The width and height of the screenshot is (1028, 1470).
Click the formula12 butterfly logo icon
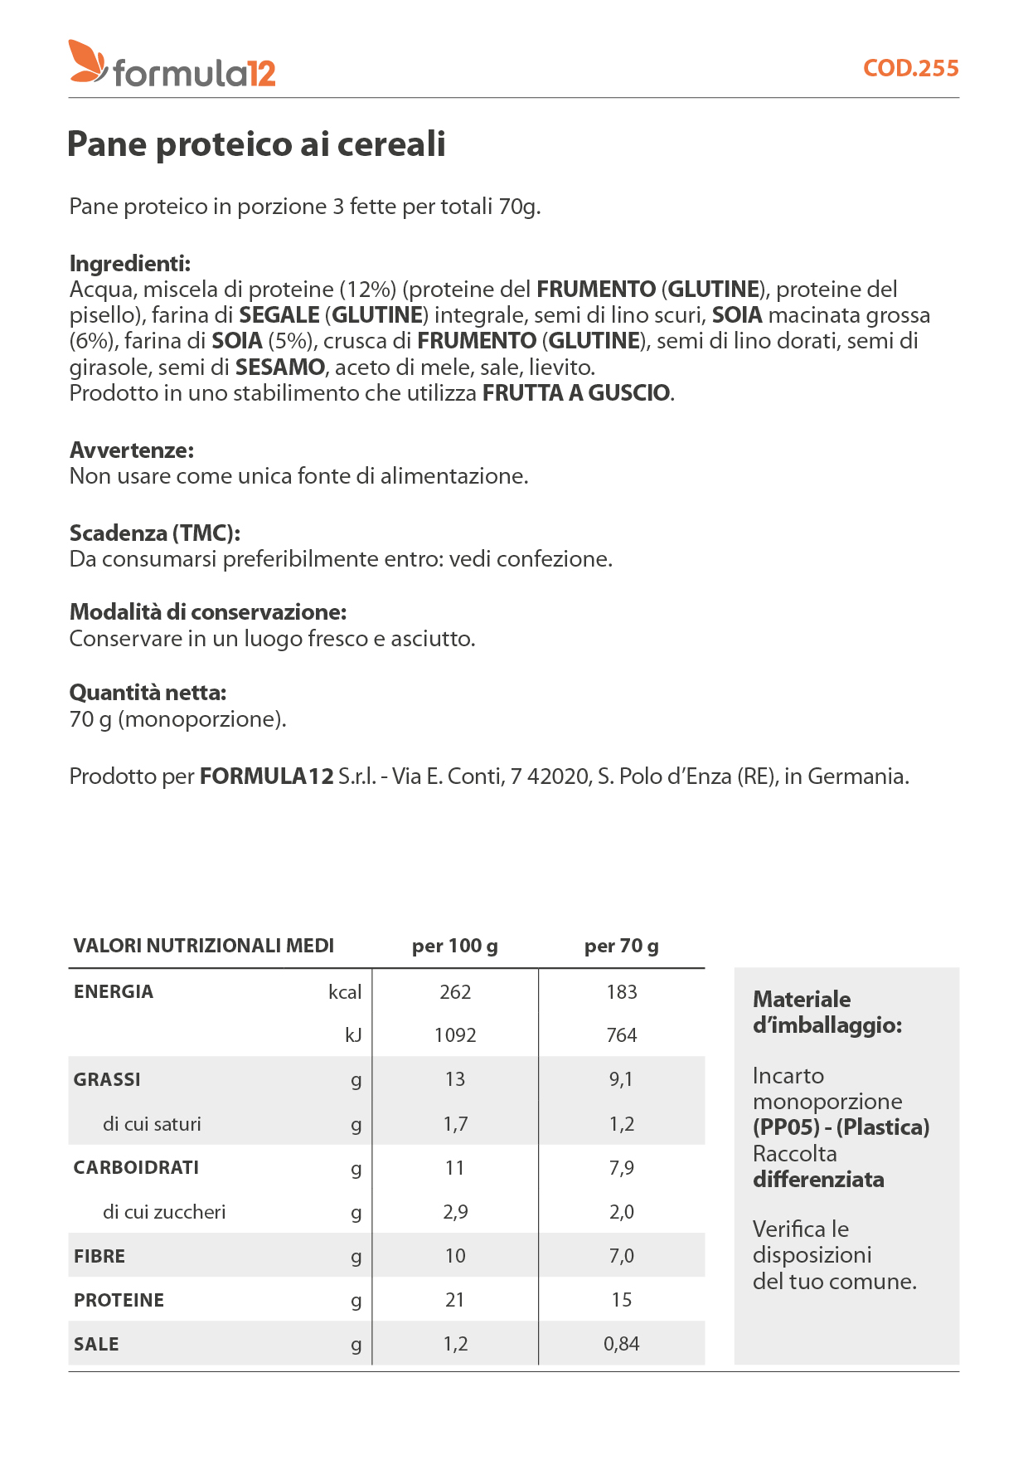[x=87, y=61]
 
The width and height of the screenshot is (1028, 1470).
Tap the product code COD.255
[x=910, y=68]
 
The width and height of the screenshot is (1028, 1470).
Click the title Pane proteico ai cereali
[x=256, y=144]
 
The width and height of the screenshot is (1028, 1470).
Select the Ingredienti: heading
[x=130, y=264]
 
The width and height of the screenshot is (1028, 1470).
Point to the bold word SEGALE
[x=279, y=315]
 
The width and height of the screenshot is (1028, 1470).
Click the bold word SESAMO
[x=280, y=367]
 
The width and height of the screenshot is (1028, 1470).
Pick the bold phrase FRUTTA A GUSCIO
[x=576, y=393]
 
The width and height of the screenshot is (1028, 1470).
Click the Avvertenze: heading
[x=132, y=450]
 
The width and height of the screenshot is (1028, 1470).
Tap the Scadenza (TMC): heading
[x=155, y=533]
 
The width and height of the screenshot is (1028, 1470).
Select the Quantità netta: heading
[x=148, y=693]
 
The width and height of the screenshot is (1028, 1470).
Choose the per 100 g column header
[x=455, y=946]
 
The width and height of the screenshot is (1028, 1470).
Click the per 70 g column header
[x=621, y=946]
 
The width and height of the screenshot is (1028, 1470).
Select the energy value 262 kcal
[x=455, y=992]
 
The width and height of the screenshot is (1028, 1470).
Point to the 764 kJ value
[x=621, y=1035]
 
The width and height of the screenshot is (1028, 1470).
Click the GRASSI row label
[x=107, y=1079]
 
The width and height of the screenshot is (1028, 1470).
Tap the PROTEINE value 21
[x=455, y=1300]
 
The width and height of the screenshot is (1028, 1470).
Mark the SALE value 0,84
[x=621, y=1344]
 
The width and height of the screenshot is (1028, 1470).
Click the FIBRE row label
[x=99, y=1256]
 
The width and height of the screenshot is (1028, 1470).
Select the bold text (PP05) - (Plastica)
[x=841, y=1127]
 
